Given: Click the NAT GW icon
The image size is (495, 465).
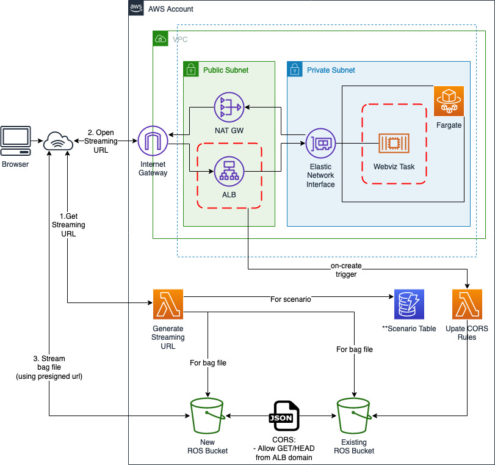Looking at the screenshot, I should point(228,108).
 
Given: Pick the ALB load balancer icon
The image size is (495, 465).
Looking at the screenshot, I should point(228,172).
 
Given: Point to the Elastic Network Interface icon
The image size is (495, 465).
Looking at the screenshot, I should point(320,144).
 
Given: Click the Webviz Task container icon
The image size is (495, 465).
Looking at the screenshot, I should point(394,143).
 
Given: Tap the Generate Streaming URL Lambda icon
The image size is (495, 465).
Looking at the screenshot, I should point(168,304).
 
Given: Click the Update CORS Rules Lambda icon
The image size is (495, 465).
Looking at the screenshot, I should point(467,304).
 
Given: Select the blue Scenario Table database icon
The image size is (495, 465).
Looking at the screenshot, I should point(409,304).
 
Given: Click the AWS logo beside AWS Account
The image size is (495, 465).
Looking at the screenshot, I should point(137,8).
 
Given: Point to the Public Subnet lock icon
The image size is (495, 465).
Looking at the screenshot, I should point(191,68).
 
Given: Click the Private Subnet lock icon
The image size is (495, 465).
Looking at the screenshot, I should point(295,68).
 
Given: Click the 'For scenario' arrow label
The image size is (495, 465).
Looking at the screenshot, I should point(291,299).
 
